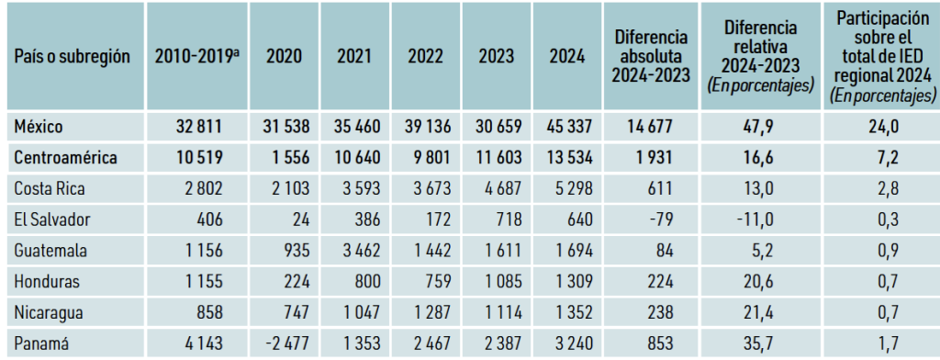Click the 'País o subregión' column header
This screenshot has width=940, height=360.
point(72,56)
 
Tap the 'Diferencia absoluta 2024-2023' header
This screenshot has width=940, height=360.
point(652,56)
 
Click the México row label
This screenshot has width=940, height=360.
point(39,127)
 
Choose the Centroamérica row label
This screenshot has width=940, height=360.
point(66,158)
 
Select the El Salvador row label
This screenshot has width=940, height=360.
point(52,219)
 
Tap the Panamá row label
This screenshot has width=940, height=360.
point(41,343)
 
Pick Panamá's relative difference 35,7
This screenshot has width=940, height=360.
point(761,343)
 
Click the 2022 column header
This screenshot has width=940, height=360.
point(426,56)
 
